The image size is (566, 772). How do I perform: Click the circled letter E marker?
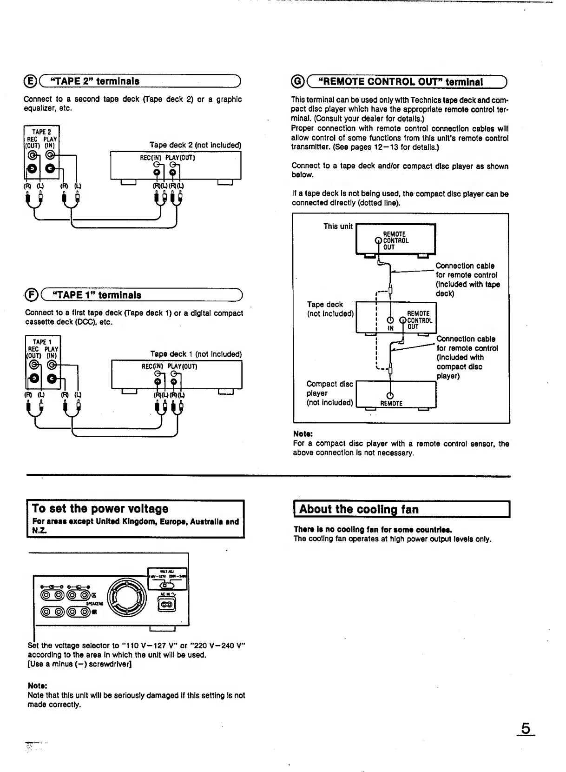tap(30, 81)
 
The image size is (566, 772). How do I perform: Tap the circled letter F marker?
tap(31, 295)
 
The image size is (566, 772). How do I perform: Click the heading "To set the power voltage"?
tap(100, 508)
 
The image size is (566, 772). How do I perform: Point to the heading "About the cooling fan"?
tap(358, 509)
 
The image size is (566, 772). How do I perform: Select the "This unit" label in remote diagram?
tap(338, 226)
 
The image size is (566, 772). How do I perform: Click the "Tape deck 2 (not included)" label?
tap(195, 145)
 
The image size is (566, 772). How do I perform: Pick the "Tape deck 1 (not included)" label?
tap(196, 354)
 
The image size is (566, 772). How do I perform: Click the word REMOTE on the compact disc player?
tap(391, 403)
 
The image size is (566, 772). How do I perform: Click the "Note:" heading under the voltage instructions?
tap(38, 685)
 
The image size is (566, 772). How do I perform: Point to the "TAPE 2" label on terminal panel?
tap(41, 132)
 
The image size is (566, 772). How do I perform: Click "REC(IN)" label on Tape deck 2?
tap(151, 158)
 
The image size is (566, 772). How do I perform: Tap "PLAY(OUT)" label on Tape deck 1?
tap(183, 366)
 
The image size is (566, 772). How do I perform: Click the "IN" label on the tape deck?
tap(391, 328)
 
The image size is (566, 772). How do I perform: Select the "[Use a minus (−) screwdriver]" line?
tap(79, 664)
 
